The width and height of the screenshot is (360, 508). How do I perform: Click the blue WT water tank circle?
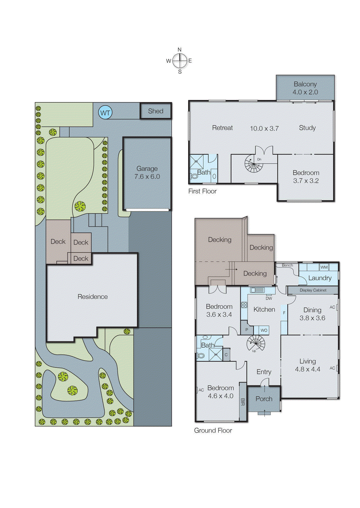pyautogui.click(x=105, y=113)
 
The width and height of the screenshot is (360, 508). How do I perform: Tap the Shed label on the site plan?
pyautogui.click(x=155, y=111)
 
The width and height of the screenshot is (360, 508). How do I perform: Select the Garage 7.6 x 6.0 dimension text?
pyautogui.click(x=147, y=177)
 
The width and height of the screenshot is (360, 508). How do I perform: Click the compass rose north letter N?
pyautogui.click(x=180, y=50)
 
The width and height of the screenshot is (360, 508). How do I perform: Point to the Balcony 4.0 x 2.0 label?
pyautogui.click(x=305, y=88)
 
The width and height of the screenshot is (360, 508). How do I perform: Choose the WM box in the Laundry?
pyautogui.click(x=324, y=267)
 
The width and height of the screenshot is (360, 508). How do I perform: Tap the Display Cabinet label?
pyautogui.click(x=313, y=290)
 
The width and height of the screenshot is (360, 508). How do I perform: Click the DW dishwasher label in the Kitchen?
pyautogui.click(x=269, y=298)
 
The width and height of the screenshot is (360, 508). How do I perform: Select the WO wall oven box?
pyautogui.click(x=264, y=330)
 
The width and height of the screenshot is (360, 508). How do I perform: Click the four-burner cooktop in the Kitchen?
pyautogui.click(x=244, y=305)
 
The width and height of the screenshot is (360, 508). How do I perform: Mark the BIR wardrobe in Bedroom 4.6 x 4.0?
pyautogui.click(x=243, y=402)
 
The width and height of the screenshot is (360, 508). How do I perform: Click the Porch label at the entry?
pyautogui.click(x=264, y=399)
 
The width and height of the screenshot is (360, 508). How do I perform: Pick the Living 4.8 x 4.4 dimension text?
pyautogui.click(x=307, y=369)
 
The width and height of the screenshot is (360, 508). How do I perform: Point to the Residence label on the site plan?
pyautogui.click(x=92, y=297)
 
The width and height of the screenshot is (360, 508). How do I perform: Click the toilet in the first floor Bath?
pyautogui.click(x=194, y=176)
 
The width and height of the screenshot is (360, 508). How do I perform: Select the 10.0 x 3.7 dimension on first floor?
pyautogui.click(x=264, y=129)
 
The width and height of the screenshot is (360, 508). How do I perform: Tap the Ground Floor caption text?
pyautogui.click(x=213, y=431)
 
